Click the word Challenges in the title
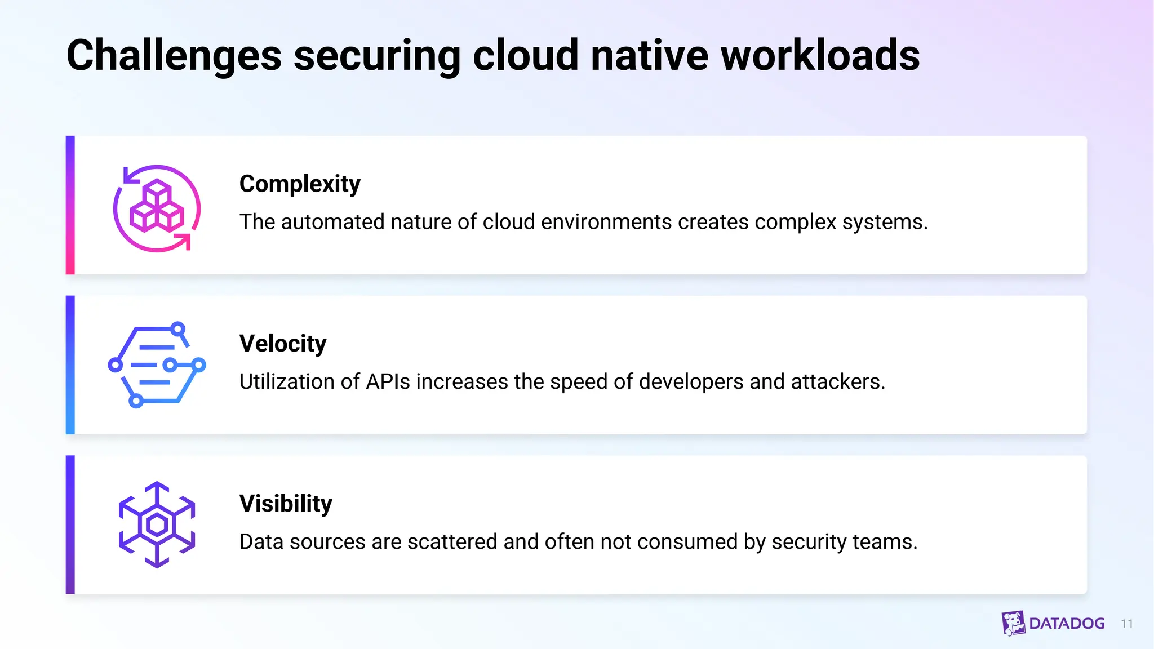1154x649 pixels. (174, 56)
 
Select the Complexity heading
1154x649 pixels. (300, 184)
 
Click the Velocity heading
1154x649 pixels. (283, 344)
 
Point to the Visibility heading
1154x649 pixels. (286, 504)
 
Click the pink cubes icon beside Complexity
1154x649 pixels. (157, 208)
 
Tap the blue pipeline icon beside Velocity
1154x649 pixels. (157, 365)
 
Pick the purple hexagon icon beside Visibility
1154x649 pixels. (157, 525)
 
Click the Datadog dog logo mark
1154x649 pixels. (1013, 623)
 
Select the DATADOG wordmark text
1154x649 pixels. (1067, 624)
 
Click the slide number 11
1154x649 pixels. (1127, 624)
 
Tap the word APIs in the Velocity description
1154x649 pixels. (388, 382)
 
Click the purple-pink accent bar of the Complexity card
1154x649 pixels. (70, 205)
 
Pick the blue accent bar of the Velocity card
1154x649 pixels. (70, 365)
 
